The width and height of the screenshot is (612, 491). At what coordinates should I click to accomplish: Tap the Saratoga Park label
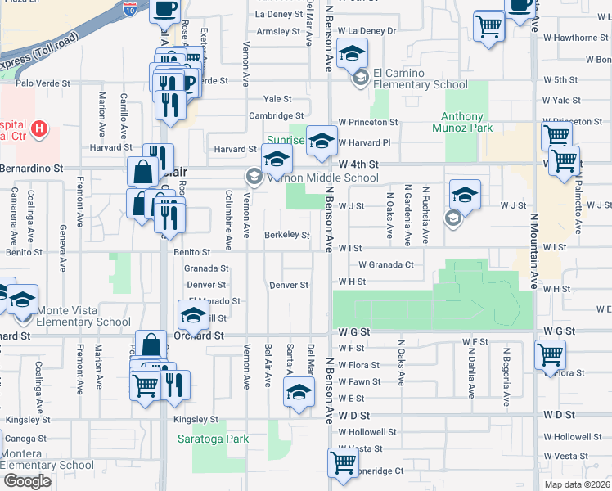pos(213,439)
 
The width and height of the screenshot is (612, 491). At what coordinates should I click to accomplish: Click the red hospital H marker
pos(38,128)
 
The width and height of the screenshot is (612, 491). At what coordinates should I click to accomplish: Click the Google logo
pos(27,481)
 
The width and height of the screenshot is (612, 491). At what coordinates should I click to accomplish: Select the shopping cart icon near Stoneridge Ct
pos(343,462)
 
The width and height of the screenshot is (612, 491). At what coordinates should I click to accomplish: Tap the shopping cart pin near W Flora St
pos(550,355)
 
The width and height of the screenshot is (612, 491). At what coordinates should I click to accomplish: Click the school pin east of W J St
pos(464,195)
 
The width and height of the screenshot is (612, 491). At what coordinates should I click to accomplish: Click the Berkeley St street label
pos(286,236)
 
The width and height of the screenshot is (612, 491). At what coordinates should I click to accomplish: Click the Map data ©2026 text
pos(576,484)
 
